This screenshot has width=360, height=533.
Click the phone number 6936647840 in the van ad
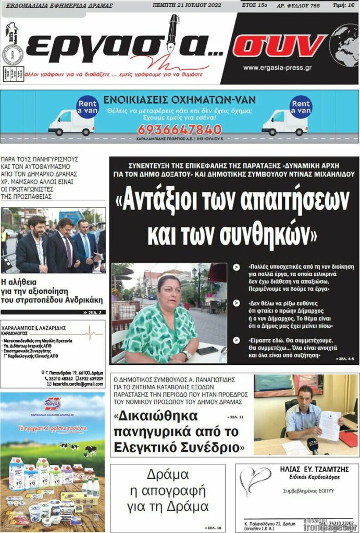172,130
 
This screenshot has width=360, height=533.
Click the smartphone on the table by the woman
207,350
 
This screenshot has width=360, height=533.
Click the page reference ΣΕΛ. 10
215,528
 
